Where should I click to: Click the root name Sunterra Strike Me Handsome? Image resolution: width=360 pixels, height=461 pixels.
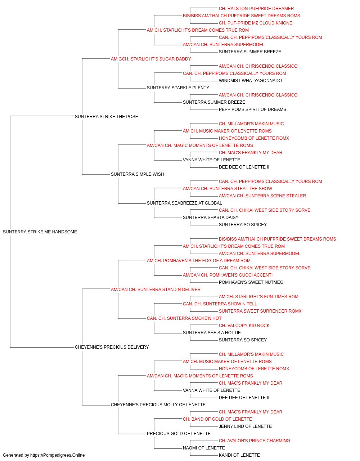(x=40, y=232)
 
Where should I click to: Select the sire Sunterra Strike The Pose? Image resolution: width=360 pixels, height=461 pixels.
(x=107, y=117)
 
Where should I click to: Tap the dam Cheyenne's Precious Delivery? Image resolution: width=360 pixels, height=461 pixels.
(x=112, y=347)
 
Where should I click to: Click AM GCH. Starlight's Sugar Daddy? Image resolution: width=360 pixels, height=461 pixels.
(x=151, y=59)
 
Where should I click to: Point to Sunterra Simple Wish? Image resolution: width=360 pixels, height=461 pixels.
(x=138, y=174)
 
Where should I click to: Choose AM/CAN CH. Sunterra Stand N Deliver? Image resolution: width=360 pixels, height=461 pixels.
(x=156, y=290)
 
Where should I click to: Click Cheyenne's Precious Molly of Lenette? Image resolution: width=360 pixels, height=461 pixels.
(x=158, y=405)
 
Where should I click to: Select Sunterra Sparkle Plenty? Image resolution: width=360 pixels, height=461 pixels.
(x=178, y=88)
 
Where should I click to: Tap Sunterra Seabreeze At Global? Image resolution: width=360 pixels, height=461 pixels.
(x=184, y=203)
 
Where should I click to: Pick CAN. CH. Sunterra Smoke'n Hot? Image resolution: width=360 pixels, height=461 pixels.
(x=184, y=318)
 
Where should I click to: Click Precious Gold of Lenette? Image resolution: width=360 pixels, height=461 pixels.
(x=179, y=434)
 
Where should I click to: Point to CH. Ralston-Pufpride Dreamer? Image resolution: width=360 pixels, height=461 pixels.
(x=256, y=9)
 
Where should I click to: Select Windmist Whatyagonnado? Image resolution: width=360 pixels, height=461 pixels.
(x=251, y=81)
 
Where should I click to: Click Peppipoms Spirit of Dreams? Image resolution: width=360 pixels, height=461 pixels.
(x=252, y=109)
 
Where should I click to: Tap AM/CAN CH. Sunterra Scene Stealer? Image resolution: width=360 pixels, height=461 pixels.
(x=262, y=196)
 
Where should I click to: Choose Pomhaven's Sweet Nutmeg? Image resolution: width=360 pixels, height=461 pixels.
(x=251, y=282)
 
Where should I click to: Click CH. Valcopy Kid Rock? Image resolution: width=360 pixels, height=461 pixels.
(x=244, y=326)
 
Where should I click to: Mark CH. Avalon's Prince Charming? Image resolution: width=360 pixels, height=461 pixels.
(x=255, y=441)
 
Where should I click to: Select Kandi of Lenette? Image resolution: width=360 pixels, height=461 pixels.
(x=239, y=455)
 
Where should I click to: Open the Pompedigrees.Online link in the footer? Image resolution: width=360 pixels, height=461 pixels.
(x=58, y=455)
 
